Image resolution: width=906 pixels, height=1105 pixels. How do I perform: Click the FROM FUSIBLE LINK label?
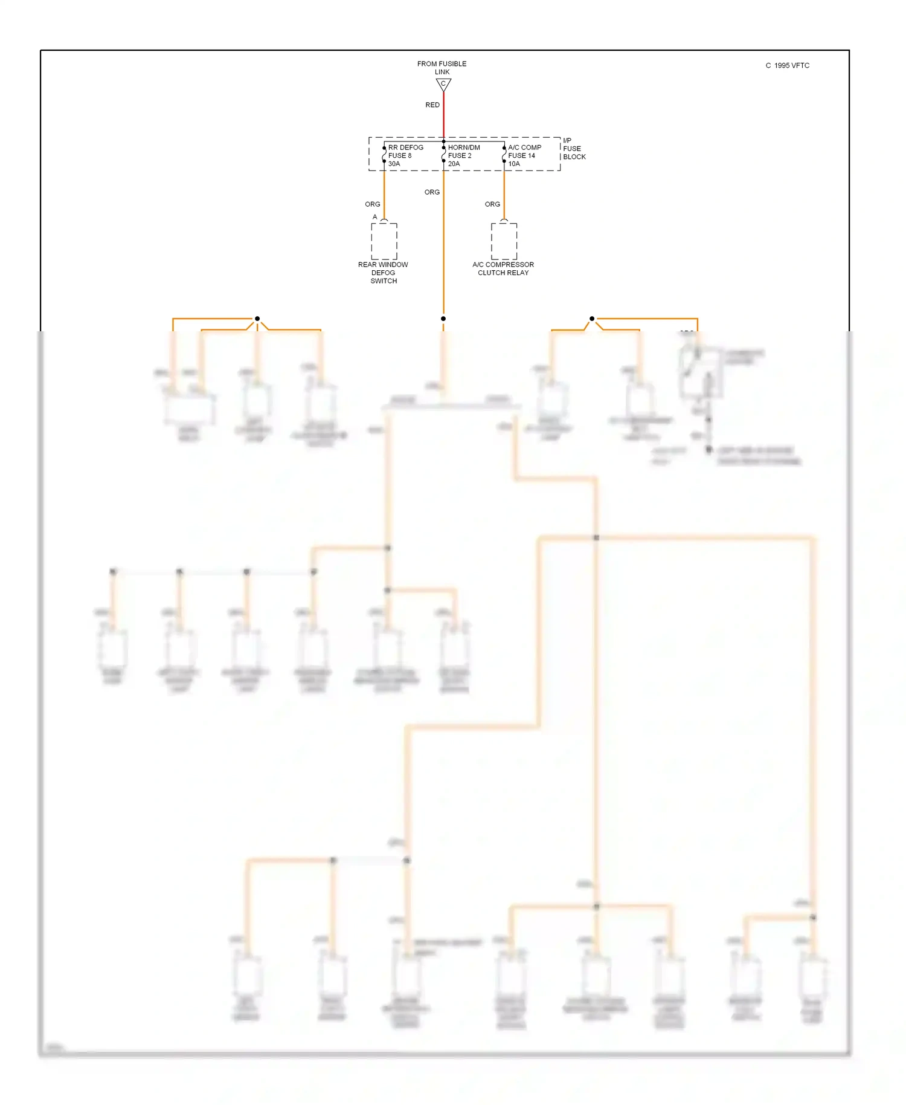click(442, 67)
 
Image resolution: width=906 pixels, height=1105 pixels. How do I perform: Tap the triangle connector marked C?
click(443, 85)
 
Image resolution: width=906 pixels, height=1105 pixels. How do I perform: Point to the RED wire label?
click(432, 105)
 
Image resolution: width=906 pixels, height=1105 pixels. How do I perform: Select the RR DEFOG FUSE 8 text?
click(405, 151)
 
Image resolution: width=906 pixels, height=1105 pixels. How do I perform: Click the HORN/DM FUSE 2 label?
click(463, 151)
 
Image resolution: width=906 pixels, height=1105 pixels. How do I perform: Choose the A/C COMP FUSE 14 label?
click(524, 151)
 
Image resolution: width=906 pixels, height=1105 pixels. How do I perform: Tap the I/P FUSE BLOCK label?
click(574, 148)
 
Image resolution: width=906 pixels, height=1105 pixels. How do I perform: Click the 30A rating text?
click(394, 164)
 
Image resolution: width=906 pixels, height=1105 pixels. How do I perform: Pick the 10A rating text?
click(514, 164)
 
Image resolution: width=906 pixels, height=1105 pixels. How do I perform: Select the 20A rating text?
click(454, 164)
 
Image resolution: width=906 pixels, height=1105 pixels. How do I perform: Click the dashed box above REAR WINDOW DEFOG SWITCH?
click(384, 241)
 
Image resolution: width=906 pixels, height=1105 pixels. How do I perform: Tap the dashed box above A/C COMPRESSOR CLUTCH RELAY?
click(504, 241)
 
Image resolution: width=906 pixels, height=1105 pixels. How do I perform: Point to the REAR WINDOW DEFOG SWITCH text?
click(383, 273)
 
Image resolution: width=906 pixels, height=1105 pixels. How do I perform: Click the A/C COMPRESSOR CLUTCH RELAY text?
click(503, 268)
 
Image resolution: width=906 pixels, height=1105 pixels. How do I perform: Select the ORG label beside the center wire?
click(432, 192)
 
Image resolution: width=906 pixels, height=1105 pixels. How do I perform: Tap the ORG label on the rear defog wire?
click(373, 204)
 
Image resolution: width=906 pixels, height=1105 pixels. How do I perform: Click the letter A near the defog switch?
click(374, 217)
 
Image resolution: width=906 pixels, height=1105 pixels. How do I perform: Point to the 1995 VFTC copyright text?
click(788, 65)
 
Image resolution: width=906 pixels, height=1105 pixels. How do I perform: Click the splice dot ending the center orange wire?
click(443, 319)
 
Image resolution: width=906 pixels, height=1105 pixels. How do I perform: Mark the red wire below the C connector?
click(443, 115)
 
